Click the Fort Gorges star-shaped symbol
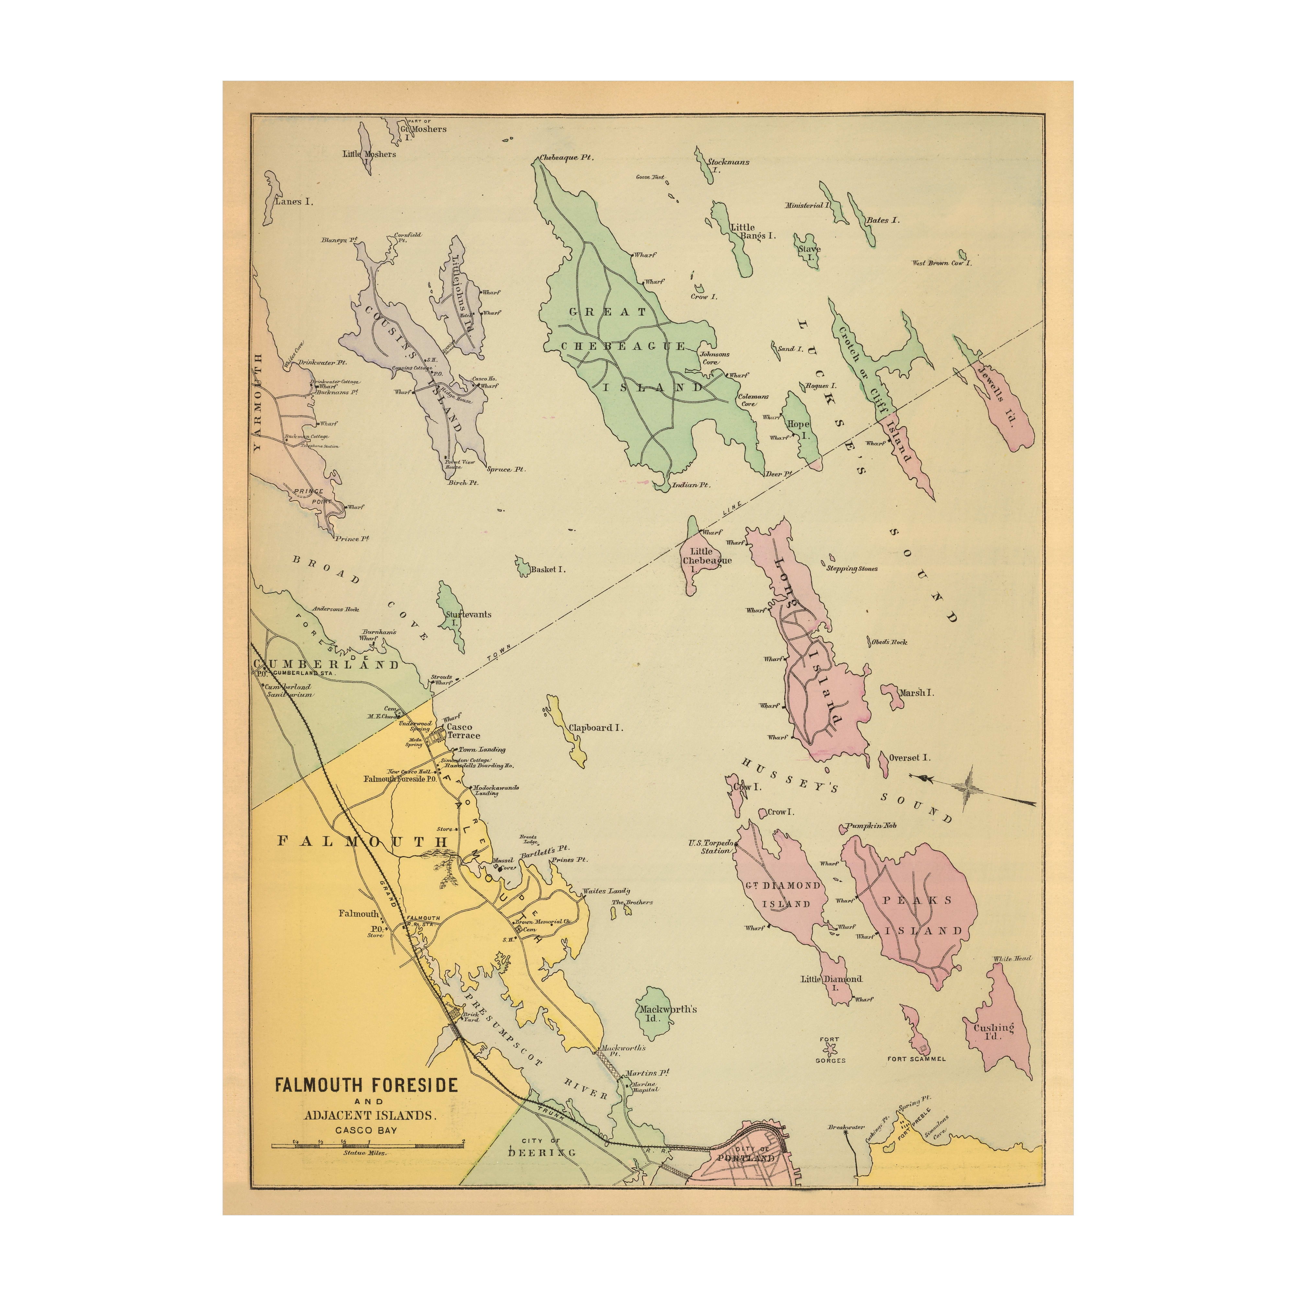[830, 1047]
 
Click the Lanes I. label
[294, 201]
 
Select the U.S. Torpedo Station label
[711, 847]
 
